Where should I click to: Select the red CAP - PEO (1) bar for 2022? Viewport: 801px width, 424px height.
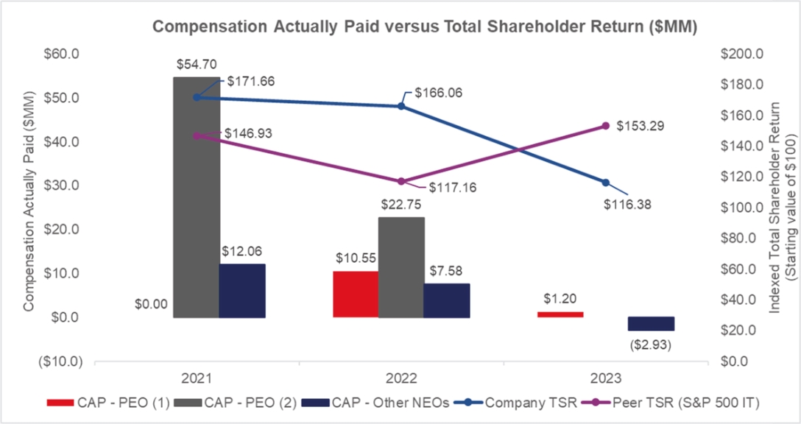click(x=356, y=294)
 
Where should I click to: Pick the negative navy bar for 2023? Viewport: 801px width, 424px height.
click(x=651, y=324)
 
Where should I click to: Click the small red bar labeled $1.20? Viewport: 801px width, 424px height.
click(x=560, y=314)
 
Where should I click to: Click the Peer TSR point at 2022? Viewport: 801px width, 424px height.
click(x=401, y=181)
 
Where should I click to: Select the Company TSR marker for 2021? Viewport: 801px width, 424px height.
click(x=196, y=97)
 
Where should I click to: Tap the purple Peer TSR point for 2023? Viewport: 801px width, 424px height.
click(x=606, y=126)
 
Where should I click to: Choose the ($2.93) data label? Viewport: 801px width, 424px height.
click(x=651, y=343)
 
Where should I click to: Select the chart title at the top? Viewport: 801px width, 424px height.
click(x=424, y=26)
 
